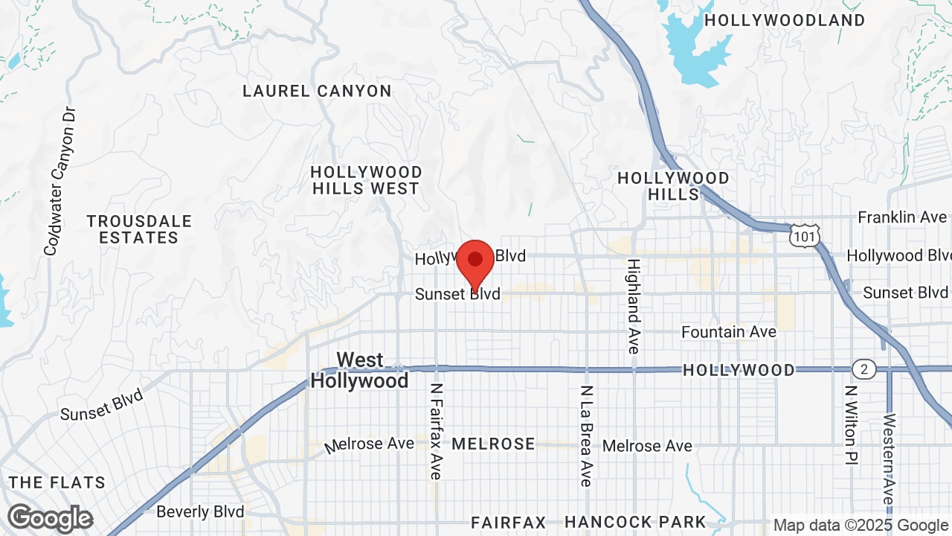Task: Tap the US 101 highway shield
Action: (806, 234)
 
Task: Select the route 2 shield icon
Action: (864, 369)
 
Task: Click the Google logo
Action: (50, 519)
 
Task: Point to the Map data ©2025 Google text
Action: (861, 526)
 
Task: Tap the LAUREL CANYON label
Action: (317, 92)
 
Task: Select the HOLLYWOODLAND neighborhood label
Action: (785, 20)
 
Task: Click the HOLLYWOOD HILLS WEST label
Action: (367, 180)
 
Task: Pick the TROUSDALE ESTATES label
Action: (139, 229)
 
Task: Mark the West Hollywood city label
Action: (360, 371)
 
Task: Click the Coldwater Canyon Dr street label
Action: (60, 181)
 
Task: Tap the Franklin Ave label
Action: (902, 217)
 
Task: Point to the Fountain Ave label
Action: (729, 332)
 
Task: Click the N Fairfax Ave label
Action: (436, 431)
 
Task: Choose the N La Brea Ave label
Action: (586, 435)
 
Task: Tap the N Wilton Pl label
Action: (852, 425)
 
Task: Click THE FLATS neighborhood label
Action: (57, 482)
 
